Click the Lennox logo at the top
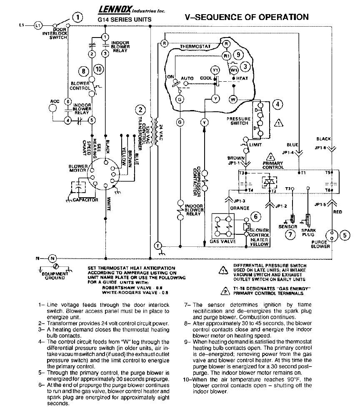[x=112, y=8]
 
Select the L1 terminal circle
[x=38, y=25]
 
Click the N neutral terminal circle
[x=52, y=258]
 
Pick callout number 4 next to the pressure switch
[x=277, y=104]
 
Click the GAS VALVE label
[x=223, y=241]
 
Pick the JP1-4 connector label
[x=287, y=153]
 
